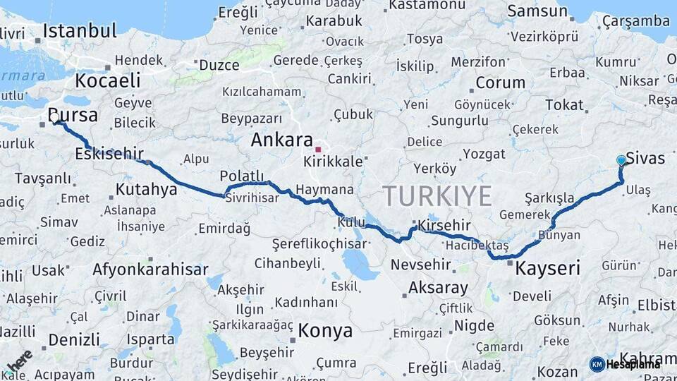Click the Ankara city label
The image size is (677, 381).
click(281, 140)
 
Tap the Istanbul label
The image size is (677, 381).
click(79, 31)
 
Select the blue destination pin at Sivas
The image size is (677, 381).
click(621, 161)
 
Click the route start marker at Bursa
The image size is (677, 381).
click(56, 122)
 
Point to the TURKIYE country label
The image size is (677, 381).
click(437, 195)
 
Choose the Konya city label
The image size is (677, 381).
click(325, 330)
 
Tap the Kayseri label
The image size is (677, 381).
click(547, 268)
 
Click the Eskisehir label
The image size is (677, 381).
click(109, 153)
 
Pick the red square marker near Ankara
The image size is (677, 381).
click(318, 149)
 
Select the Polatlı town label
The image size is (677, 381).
click(242, 176)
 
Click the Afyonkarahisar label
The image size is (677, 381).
click(151, 270)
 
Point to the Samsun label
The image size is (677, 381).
click(537, 11)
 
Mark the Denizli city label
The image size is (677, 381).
click(74, 339)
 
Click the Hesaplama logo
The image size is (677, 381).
click(625, 364)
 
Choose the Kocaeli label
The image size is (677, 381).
click(108, 80)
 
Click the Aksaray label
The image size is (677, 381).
click(438, 288)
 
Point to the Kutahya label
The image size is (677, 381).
click(146, 189)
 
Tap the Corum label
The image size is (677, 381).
click(500, 83)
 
